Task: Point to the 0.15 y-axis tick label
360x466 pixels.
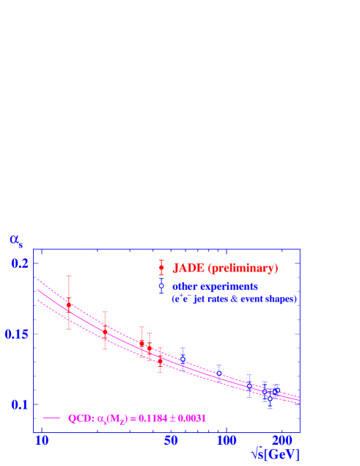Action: click(x=15, y=335)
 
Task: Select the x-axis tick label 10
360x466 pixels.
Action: click(x=43, y=440)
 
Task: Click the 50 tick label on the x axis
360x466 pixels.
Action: click(x=172, y=440)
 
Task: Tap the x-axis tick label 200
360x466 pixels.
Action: click(x=282, y=440)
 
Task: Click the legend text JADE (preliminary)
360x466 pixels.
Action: click(x=225, y=269)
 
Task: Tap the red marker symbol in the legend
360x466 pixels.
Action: click(x=161, y=268)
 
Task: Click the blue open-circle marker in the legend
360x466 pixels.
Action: click(x=161, y=285)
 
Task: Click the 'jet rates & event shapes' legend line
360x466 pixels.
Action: click(x=233, y=299)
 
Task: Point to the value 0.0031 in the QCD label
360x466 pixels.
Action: click(x=191, y=418)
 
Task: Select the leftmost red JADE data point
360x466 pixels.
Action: click(x=69, y=304)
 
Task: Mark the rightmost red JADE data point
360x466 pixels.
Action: click(x=160, y=360)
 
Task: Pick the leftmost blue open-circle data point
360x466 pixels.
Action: click(x=183, y=357)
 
